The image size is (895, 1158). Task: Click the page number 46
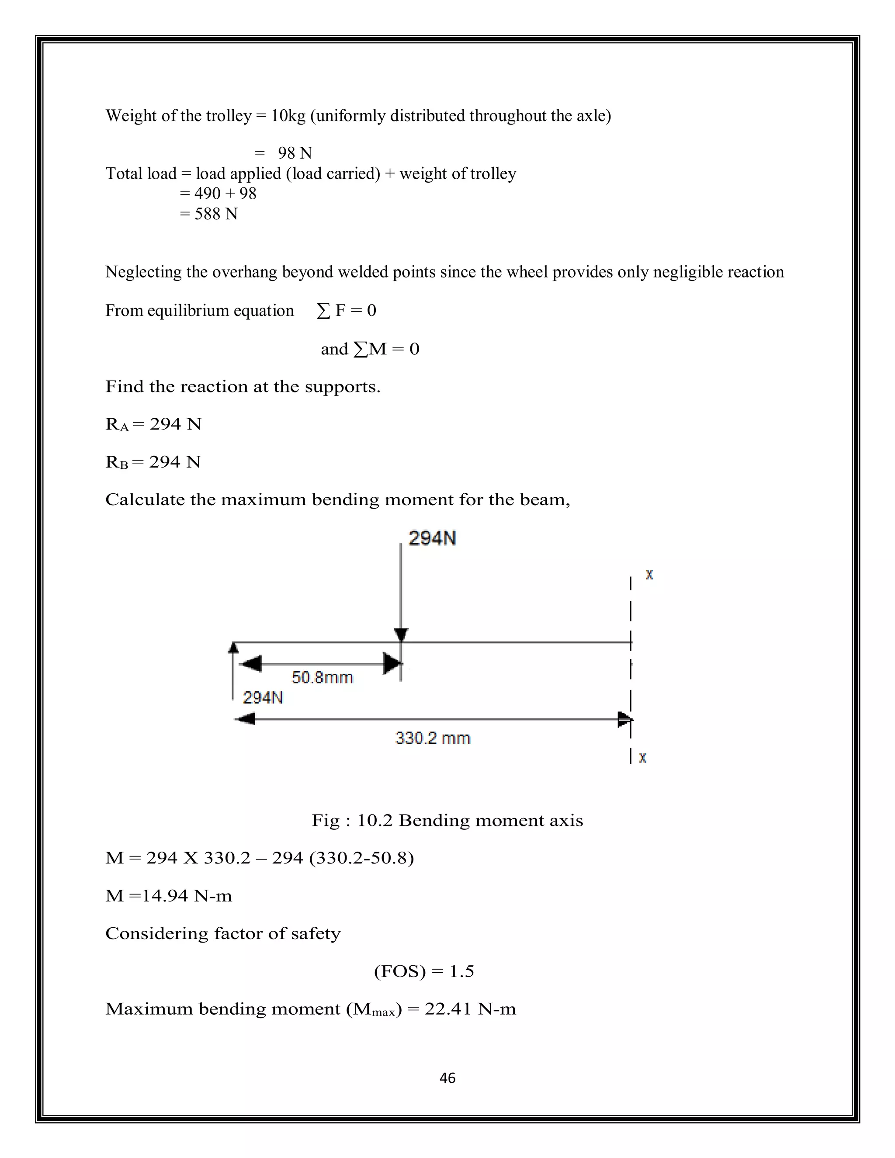(x=447, y=1078)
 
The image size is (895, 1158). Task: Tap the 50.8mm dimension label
(x=322, y=677)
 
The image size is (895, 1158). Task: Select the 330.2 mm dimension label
(x=433, y=738)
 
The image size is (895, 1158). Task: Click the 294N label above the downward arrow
(x=432, y=538)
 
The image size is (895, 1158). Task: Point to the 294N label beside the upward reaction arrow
(x=263, y=697)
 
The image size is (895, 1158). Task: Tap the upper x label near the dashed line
(x=649, y=575)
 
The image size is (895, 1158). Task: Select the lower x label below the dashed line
(x=642, y=758)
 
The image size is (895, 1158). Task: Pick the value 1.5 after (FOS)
(x=461, y=971)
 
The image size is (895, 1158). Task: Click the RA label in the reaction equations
(x=117, y=425)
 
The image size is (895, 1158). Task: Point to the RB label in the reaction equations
(x=117, y=462)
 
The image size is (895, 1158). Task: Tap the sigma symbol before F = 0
(x=323, y=311)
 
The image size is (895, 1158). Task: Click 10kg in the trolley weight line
(x=288, y=116)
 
